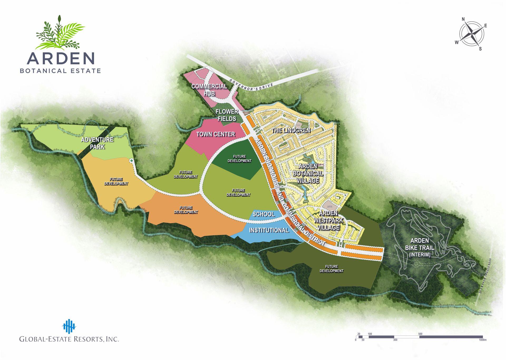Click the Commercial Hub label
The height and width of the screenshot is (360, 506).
(x=209, y=90)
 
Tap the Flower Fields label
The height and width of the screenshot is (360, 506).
(x=227, y=115)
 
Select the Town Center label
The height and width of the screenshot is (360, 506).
(x=215, y=134)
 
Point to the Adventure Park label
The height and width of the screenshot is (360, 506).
(x=97, y=143)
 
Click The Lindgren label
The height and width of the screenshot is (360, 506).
(x=291, y=130)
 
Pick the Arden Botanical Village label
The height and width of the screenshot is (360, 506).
(x=308, y=173)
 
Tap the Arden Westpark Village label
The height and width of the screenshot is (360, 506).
(x=328, y=220)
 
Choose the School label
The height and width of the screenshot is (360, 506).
(x=264, y=214)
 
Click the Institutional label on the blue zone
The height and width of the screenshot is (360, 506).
(x=269, y=230)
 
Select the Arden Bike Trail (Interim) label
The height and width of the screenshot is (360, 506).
(x=420, y=247)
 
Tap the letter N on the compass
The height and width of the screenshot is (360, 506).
(x=463, y=19)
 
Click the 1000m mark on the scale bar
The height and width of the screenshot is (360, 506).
(x=483, y=340)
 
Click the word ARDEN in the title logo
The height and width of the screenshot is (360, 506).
(x=61, y=58)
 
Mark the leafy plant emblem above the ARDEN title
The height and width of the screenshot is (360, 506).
(x=60, y=33)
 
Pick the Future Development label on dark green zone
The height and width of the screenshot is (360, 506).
(x=239, y=159)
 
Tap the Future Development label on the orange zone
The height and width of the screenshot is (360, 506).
(x=186, y=210)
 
